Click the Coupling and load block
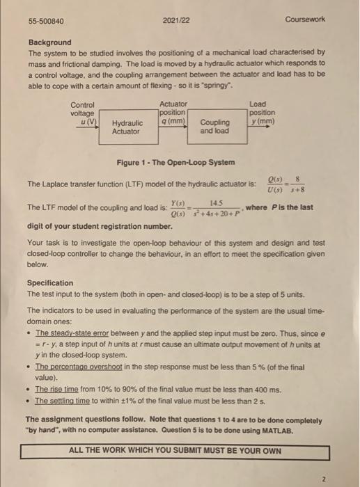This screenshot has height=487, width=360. point(214,127)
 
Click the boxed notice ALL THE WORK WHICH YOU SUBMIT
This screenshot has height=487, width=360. point(175,450)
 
